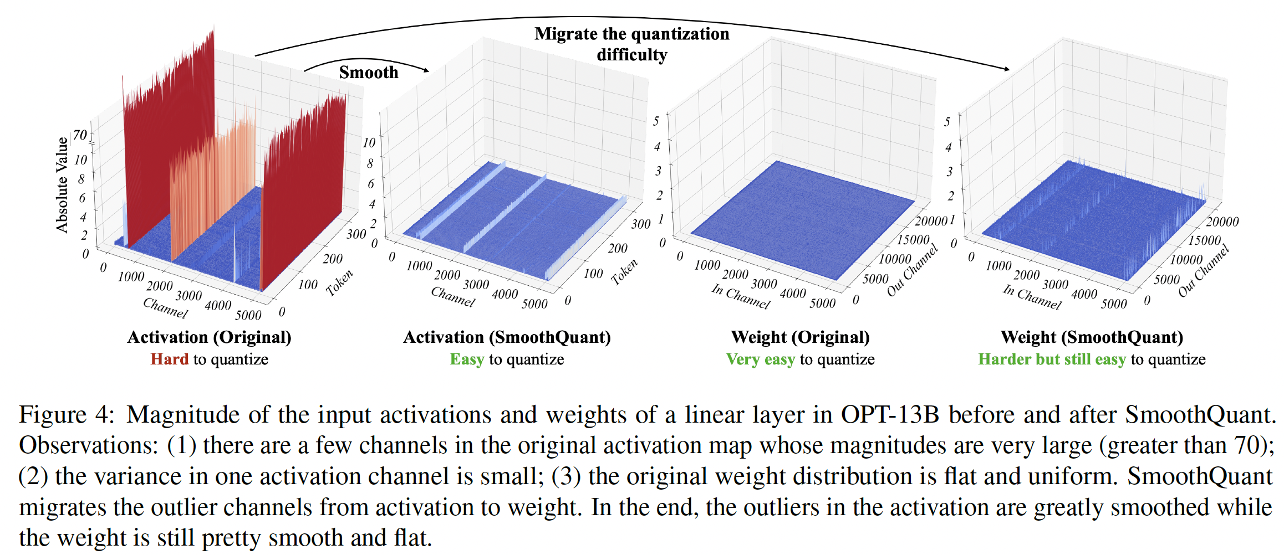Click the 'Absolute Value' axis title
[x=62, y=184]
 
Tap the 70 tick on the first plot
[x=80, y=135]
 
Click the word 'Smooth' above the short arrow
[x=369, y=72]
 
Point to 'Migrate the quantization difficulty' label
[x=631, y=44]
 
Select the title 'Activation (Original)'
[x=209, y=337]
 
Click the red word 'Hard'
[x=170, y=359]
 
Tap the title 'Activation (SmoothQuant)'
[x=507, y=337]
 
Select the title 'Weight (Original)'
[x=800, y=337]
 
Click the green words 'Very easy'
[x=760, y=359]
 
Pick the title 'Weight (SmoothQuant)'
[x=1092, y=337]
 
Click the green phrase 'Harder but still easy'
[x=1052, y=359]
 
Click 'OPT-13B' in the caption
[x=890, y=414]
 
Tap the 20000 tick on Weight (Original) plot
[x=930, y=221]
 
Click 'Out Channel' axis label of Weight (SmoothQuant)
[x=1204, y=271]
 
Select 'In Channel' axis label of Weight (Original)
[x=741, y=296]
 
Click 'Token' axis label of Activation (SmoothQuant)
[x=624, y=271]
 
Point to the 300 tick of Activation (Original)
[x=356, y=234]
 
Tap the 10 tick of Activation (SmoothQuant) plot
[x=369, y=142]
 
